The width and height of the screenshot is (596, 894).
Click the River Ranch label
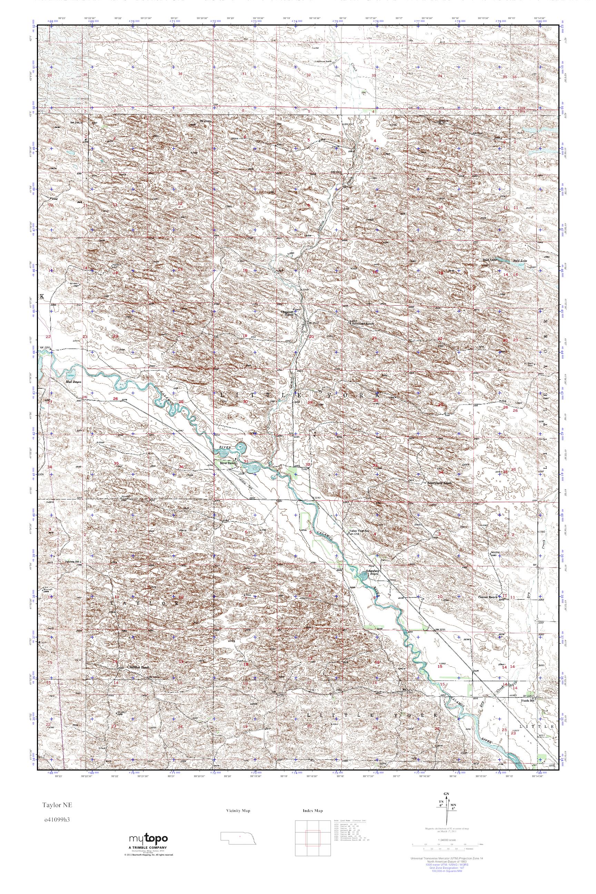coord(228,463)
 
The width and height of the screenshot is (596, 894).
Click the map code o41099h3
coord(56,819)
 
